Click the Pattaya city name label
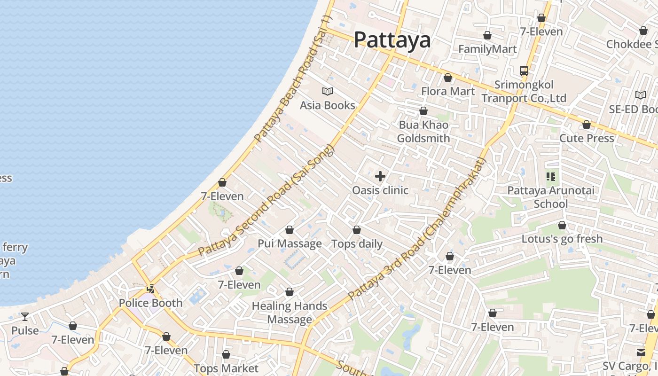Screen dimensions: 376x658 coord(392,40)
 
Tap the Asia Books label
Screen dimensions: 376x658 coord(328,105)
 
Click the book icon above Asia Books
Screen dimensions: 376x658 coord(328,91)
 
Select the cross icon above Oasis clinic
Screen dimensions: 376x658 coord(380,176)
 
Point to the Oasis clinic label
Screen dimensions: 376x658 coord(380,190)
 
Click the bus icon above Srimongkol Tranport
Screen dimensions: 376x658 coord(524,71)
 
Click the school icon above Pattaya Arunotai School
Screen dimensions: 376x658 coord(551,177)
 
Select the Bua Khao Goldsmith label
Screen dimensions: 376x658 coord(423,132)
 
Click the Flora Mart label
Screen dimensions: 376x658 coord(448,91)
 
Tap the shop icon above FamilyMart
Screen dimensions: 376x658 coord(487,35)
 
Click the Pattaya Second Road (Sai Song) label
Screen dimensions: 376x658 coord(266,201)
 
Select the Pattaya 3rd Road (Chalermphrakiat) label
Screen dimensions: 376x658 coord(416,230)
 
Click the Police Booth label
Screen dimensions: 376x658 coord(150,303)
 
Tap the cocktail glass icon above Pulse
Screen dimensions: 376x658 coord(25,317)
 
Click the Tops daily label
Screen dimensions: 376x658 coord(357,244)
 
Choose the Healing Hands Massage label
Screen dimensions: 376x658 coord(290,313)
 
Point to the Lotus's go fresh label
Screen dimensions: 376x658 coord(562,239)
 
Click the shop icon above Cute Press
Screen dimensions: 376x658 coord(587,125)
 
